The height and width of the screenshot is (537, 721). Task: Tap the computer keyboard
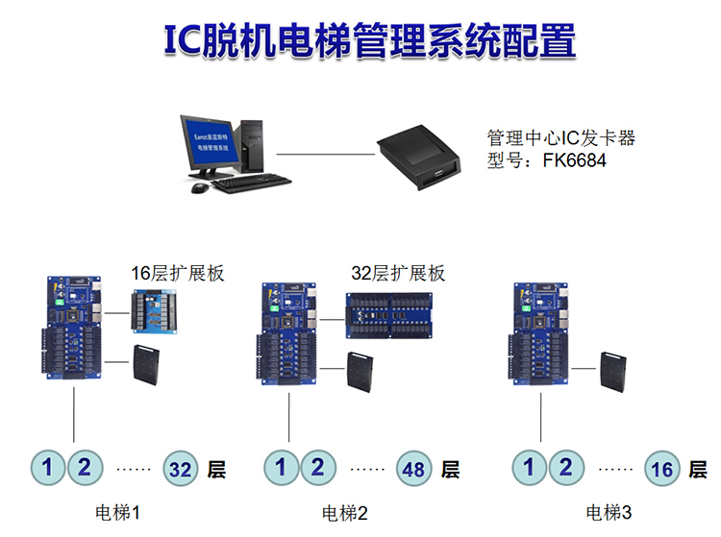click(251, 181)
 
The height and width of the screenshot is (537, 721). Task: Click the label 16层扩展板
click(178, 274)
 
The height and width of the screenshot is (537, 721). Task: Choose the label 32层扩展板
click(398, 274)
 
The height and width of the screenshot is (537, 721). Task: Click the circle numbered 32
click(182, 470)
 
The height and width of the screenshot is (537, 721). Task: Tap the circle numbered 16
click(662, 470)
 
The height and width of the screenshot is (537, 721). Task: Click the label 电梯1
click(119, 512)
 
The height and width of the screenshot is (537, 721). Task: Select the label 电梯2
click(345, 512)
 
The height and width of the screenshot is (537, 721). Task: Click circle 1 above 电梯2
click(281, 469)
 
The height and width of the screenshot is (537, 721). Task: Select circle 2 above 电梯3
click(565, 469)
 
